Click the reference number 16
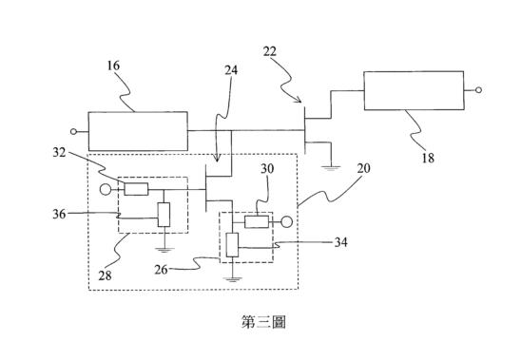113,66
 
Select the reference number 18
428,158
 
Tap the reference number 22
269,51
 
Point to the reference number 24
231,70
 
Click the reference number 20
363,168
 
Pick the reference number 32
59,152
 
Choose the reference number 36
59,214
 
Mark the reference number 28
105,275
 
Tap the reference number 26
161,270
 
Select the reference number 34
340,242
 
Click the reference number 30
267,169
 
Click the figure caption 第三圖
263,322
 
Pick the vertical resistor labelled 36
164,215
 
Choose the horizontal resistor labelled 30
257,222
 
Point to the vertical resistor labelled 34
232,245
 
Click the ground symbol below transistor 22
330,168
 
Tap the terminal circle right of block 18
478,90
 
